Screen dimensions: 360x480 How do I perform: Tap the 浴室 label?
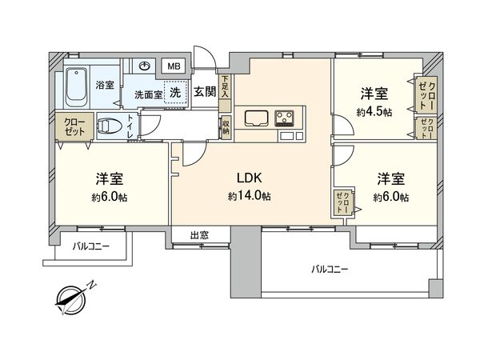[x=105, y=83]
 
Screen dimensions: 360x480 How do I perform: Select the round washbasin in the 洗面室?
[x=146, y=67]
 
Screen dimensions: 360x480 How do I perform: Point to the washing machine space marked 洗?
[x=173, y=91]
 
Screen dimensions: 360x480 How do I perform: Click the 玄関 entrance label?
[x=204, y=90]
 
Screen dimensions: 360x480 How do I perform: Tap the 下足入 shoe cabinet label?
[x=226, y=86]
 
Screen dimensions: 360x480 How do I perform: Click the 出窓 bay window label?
[x=199, y=235]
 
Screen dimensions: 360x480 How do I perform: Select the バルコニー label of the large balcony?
[x=330, y=270]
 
